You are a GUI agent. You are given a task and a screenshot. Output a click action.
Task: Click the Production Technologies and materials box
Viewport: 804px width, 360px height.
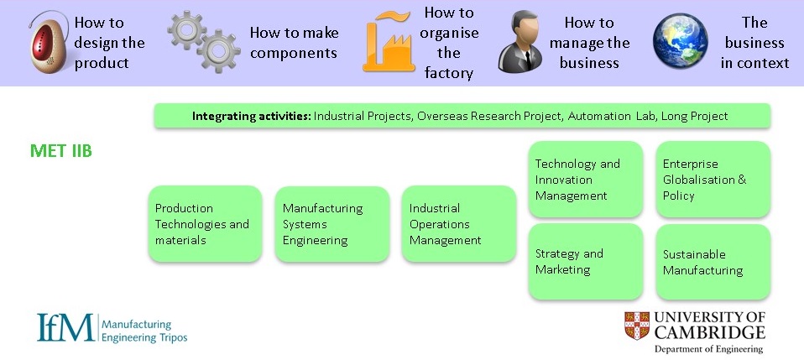(x=205, y=224)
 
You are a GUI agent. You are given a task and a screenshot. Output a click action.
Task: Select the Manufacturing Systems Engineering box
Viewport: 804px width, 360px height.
(x=332, y=224)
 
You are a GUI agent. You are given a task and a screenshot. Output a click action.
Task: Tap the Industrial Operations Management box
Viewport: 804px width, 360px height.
(x=458, y=224)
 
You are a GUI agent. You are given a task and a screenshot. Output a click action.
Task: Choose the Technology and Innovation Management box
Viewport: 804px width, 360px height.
(x=585, y=180)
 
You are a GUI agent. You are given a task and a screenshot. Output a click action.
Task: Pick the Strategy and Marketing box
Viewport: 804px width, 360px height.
(x=585, y=262)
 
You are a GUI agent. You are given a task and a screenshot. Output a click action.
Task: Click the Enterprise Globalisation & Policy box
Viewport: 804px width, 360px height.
(x=713, y=180)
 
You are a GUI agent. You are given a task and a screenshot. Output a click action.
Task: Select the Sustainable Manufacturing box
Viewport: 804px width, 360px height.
(x=713, y=262)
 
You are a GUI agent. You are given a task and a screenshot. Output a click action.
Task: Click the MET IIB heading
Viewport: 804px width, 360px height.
(x=60, y=151)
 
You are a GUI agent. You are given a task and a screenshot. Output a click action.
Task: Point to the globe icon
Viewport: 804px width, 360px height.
(x=684, y=42)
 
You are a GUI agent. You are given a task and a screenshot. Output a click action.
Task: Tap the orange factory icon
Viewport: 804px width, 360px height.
(x=387, y=44)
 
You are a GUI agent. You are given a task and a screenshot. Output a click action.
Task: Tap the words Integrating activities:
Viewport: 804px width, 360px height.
(x=251, y=116)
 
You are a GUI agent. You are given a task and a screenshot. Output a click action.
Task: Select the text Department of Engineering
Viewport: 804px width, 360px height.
(x=709, y=349)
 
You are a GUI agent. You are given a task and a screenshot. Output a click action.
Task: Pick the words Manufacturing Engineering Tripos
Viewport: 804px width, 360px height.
(x=144, y=331)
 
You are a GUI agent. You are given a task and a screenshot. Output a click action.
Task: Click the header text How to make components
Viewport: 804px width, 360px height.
(x=294, y=43)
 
